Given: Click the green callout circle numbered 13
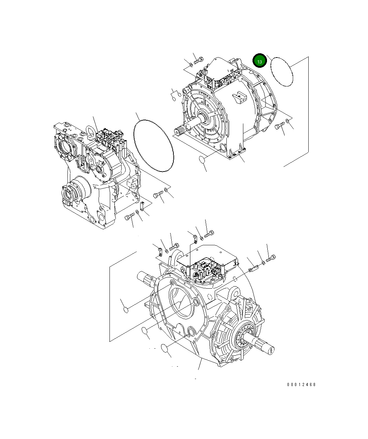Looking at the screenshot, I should click(x=259, y=61).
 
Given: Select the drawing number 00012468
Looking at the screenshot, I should click(x=301, y=384).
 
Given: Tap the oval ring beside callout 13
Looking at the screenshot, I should click(x=282, y=71).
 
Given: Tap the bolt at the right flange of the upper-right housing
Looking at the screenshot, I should click(x=279, y=126).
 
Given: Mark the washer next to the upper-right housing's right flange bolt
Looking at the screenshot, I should click(x=288, y=121).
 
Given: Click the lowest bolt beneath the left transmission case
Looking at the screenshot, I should click(x=130, y=217).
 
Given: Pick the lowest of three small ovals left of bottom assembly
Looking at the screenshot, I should click(x=164, y=348).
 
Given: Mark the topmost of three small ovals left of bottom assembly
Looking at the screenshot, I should click(x=125, y=309).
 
